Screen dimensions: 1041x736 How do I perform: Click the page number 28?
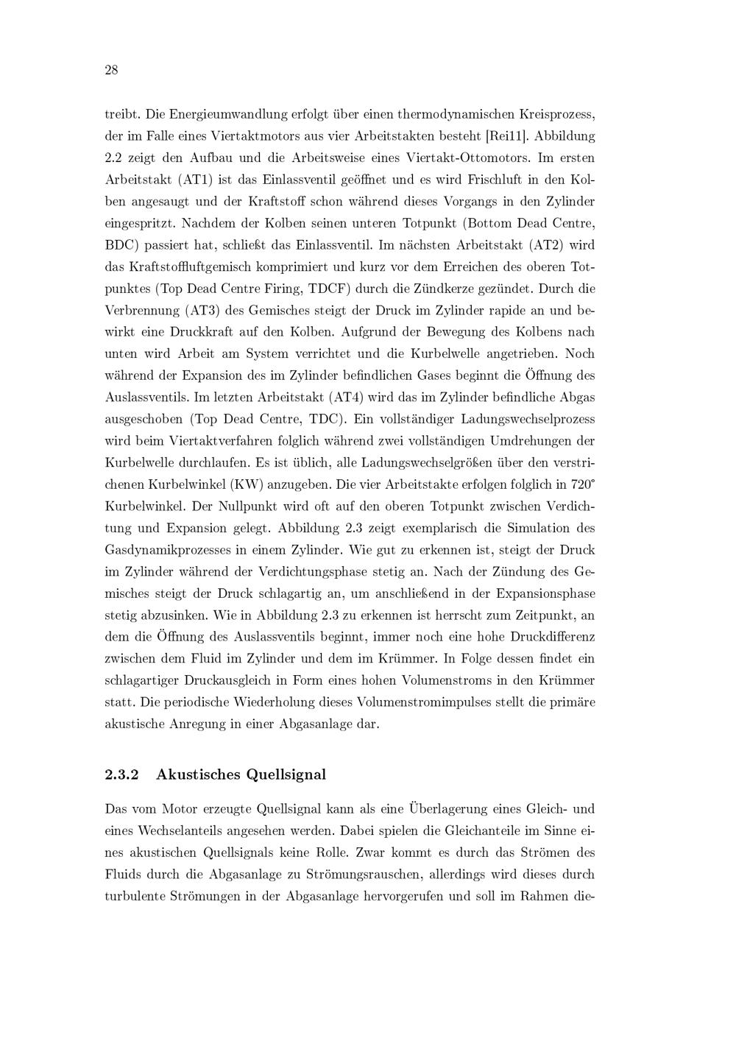[112, 71]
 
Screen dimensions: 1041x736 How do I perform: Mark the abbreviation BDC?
[122, 245]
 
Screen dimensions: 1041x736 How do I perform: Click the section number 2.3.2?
[124, 774]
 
